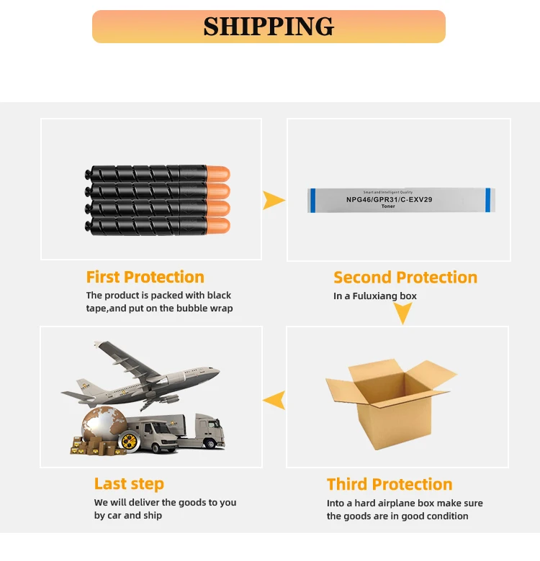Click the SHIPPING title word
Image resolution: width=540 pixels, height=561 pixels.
(269, 27)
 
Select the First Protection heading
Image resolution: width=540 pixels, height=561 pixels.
(145, 277)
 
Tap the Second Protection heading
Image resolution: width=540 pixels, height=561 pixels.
(405, 277)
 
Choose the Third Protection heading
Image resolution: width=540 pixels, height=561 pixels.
(390, 484)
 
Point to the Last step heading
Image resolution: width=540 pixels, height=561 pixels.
(129, 484)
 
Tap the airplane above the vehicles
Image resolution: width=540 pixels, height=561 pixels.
(144, 374)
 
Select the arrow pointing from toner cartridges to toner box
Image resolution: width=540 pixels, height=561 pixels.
(274, 200)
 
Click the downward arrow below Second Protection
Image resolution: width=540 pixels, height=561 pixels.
(403, 313)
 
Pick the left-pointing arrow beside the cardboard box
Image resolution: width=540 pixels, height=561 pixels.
(274, 400)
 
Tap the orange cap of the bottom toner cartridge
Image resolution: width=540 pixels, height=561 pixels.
(217, 225)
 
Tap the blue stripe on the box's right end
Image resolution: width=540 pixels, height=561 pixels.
(487, 200)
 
